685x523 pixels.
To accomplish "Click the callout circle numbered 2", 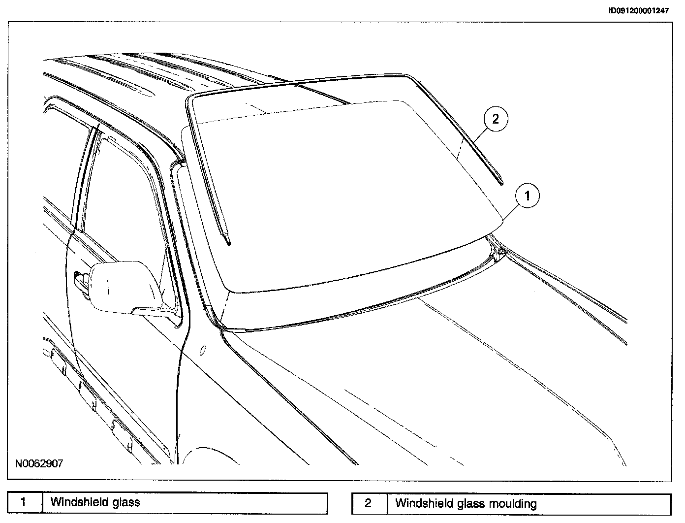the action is pyautogui.click(x=495, y=119).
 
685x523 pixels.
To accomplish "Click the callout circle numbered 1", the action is pyautogui.click(x=527, y=196).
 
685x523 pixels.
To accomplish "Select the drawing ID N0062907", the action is pyautogui.click(x=38, y=463).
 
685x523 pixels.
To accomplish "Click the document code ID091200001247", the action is pyautogui.click(x=638, y=11).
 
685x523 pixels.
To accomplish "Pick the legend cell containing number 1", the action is pyautogui.click(x=24, y=502).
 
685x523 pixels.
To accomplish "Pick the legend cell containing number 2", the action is pyautogui.click(x=369, y=503).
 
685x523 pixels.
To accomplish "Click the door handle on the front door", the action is pyautogui.click(x=79, y=280).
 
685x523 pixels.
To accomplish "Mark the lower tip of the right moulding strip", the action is pyautogui.click(x=501, y=183).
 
